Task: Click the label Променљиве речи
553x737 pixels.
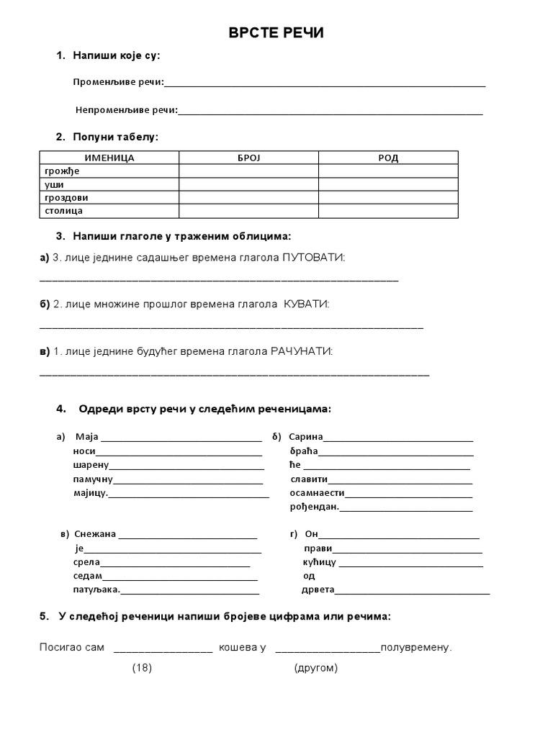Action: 118,82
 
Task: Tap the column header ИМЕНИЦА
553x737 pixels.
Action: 109,158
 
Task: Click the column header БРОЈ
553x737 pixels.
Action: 248,158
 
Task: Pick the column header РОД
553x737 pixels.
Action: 388,158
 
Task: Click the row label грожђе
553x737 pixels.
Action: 61,171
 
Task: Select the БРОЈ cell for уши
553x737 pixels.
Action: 248,184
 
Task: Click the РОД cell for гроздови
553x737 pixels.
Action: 388,197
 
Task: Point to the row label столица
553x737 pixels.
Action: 63,211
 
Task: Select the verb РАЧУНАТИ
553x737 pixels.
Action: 301,351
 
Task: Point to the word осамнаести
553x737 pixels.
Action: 317,493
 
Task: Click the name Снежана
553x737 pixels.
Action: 95,534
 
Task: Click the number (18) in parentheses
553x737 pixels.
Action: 142,668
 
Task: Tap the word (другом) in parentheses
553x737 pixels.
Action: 315,668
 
